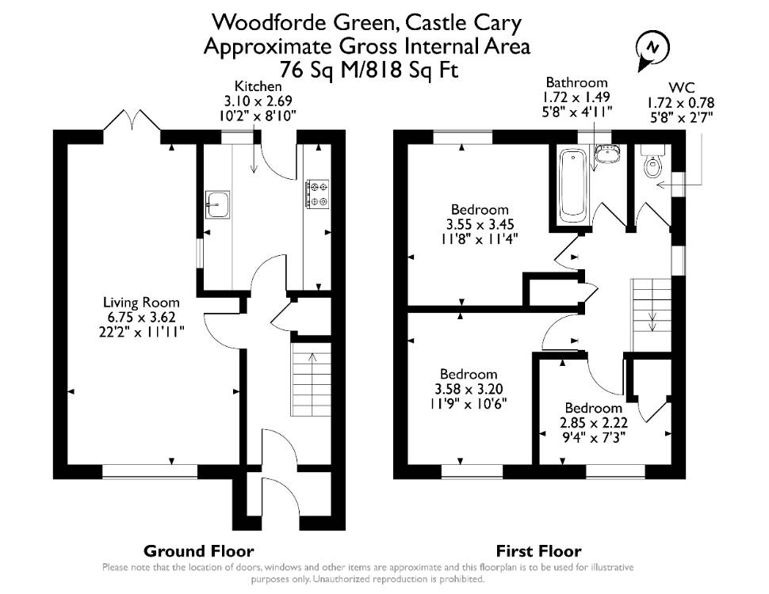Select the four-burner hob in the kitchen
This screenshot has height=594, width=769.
click(x=318, y=193)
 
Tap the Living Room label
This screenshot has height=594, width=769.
click(x=141, y=303)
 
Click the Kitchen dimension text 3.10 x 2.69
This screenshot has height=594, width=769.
click(x=258, y=101)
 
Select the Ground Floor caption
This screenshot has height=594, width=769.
click(x=199, y=551)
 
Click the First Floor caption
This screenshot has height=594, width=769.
click(x=538, y=551)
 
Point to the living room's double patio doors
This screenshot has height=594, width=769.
click(x=132, y=120)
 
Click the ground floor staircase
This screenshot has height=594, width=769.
click(x=311, y=381)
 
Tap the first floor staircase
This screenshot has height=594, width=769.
click(x=651, y=314)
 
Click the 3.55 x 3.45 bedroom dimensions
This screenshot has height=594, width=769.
click(x=480, y=224)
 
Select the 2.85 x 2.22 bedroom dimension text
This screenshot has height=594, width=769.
click(x=594, y=422)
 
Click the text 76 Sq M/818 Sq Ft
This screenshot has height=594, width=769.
click(x=369, y=70)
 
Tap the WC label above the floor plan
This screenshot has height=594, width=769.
click(x=682, y=88)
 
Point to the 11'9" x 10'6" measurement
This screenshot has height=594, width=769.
click(x=469, y=405)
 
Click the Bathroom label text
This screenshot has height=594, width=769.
click(x=577, y=82)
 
